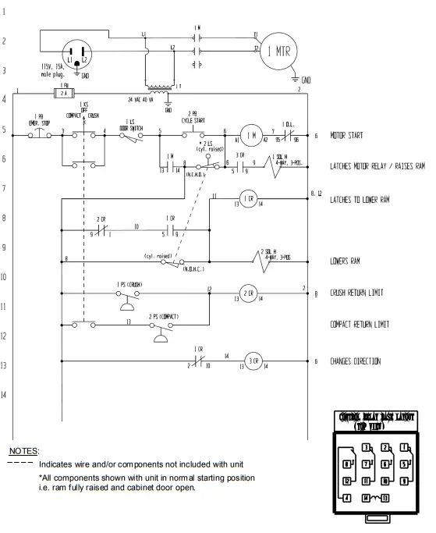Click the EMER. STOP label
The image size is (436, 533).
pyautogui.click(x=40, y=122)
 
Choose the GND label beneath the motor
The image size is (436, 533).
pyautogui.click(x=307, y=81)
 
